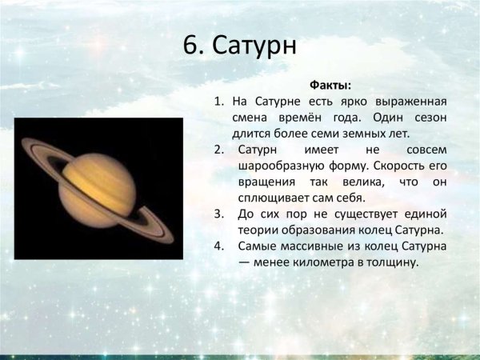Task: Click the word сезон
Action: click(428, 118)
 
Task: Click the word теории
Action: click(254, 230)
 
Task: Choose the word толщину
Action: click(392, 262)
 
